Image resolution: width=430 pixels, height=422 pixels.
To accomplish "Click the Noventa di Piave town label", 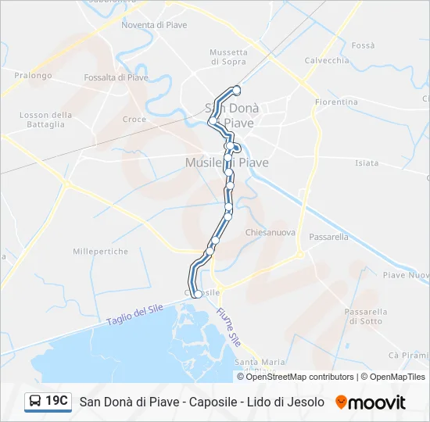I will coord(154,25).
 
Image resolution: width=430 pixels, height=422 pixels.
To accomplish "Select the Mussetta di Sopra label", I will coord(228,57).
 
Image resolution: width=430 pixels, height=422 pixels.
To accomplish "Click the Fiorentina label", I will coord(336,102).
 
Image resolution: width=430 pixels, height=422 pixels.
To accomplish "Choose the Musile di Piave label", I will coord(227,163).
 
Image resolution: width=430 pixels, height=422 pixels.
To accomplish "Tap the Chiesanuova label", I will coord(270,233).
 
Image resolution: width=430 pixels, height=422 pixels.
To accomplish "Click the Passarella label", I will coord(328,236).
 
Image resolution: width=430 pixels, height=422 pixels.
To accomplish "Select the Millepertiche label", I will coord(100,252).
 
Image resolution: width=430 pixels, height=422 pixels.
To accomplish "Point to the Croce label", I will coord(134,120).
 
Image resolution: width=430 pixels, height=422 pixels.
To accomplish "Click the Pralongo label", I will coord(33,76).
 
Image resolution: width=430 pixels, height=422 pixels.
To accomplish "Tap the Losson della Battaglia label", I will coord(45,120).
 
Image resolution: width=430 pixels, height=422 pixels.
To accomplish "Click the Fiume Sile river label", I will coord(228,327).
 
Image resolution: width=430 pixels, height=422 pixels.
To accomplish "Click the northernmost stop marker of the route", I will coord(237,91).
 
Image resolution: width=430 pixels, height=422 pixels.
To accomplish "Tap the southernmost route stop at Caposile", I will coord(198,294).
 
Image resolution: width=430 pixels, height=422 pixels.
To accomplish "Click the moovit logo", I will coord(371,402).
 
